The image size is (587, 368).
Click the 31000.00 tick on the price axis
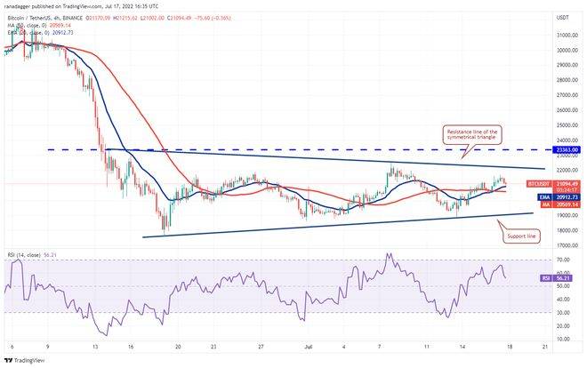tap(563, 35)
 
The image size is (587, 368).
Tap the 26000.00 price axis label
tap(563, 110)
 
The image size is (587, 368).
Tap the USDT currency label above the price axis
tap(562, 18)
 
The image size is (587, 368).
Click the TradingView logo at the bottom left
tap(27, 360)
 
